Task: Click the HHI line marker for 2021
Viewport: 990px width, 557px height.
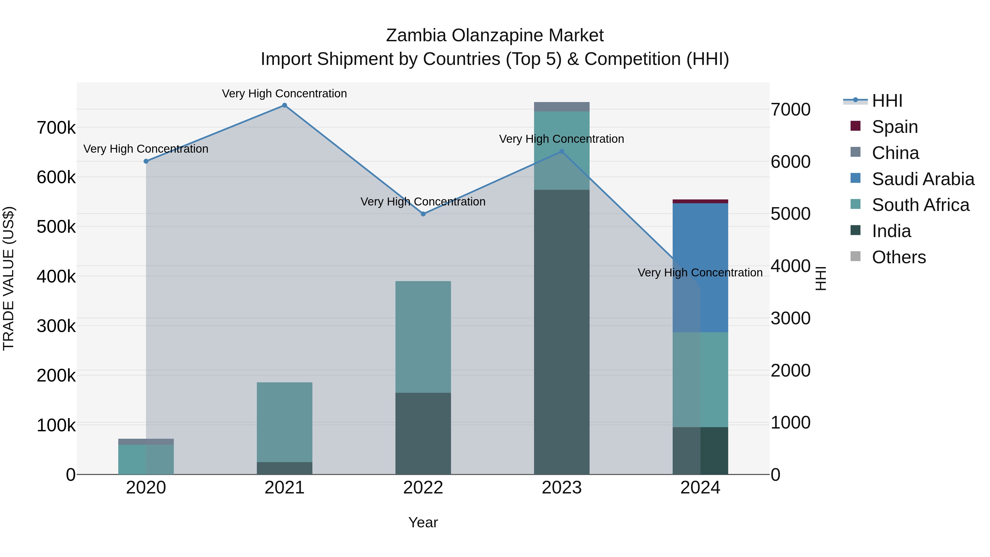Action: pos(284,105)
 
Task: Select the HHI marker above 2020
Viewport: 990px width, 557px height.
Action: pos(146,161)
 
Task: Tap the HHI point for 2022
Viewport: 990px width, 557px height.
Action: pos(423,214)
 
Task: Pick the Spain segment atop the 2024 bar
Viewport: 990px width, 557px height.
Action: pos(700,201)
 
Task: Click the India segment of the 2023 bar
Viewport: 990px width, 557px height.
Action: pos(562,331)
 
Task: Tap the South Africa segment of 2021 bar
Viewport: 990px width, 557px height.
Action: pos(284,422)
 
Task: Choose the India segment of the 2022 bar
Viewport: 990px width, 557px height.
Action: pos(423,433)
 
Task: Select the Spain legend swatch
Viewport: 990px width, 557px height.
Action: pos(856,126)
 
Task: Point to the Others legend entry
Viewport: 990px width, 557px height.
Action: pos(898,257)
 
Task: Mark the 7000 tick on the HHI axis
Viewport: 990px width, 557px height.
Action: pos(791,109)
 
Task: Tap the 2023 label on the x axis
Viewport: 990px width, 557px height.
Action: pos(562,488)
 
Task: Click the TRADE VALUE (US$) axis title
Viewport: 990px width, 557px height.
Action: pos(9,278)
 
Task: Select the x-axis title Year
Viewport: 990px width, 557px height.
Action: pos(423,522)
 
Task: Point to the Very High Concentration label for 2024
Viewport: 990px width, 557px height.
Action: pos(700,273)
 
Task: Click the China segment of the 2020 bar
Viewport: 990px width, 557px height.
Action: pos(146,442)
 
